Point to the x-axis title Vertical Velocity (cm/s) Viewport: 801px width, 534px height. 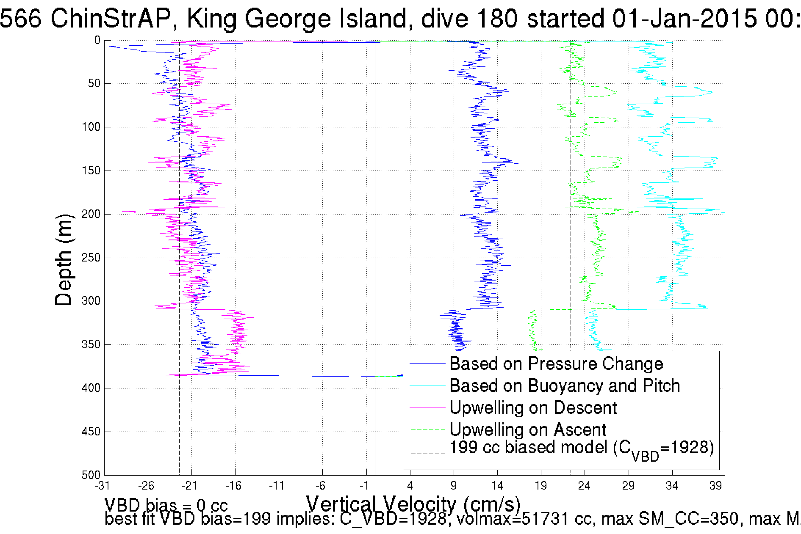tap(413, 504)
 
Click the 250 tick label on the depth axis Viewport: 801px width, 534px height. tap(91, 258)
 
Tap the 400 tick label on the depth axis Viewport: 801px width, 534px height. tap(91, 388)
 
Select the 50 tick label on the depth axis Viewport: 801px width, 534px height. tap(94, 83)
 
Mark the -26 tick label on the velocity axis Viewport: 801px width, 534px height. tap(146, 485)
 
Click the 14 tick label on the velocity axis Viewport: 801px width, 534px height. tap(497, 485)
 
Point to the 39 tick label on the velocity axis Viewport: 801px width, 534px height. tap(715, 485)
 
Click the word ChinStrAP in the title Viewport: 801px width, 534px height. tap(111, 19)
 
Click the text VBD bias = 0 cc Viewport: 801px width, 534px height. tap(166, 505)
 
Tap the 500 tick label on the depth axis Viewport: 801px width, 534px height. tap(91, 475)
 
